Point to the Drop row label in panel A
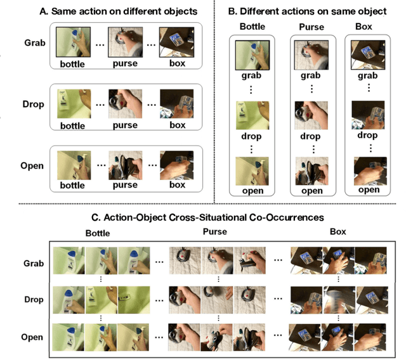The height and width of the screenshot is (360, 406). click(x=32, y=104)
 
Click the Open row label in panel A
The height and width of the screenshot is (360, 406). click(x=32, y=166)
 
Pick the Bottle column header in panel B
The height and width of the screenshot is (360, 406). click(x=252, y=27)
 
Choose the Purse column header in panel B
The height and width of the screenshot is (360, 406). click(x=310, y=27)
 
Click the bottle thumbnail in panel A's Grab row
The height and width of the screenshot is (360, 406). click(x=72, y=43)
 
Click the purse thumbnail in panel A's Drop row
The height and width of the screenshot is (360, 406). click(x=124, y=103)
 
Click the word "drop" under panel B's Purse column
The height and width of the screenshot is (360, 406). click(x=311, y=136)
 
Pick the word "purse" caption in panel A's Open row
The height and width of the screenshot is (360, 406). click(x=125, y=186)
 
